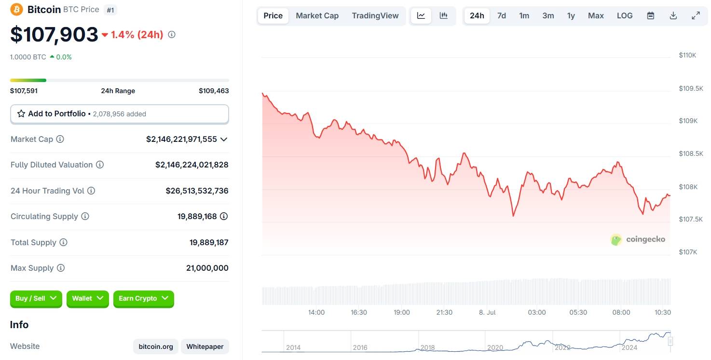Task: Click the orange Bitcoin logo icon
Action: (16, 9)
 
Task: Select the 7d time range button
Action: (502, 15)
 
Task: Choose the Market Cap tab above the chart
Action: (317, 15)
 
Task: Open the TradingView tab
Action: (375, 15)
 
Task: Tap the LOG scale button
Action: (625, 15)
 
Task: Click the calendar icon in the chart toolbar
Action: (651, 15)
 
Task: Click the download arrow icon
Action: (673, 15)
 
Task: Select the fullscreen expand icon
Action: (696, 15)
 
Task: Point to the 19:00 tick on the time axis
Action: (402, 312)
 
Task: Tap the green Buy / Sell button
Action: (36, 298)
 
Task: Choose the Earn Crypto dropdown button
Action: (143, 298)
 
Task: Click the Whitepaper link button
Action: (205, 346)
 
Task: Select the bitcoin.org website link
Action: (156, 346)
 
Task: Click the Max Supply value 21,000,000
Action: (207, 268)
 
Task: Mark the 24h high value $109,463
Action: (214, 91)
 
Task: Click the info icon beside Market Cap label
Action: (60, 139)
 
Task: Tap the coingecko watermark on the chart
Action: (638, 239)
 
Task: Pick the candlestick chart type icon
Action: (444, 15)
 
